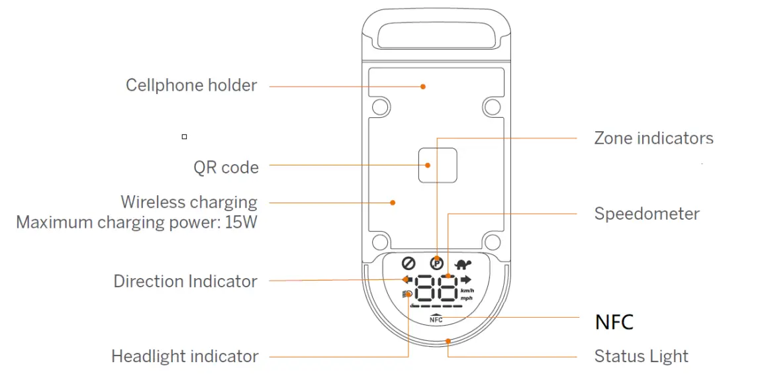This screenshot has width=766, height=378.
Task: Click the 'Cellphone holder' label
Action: (x=191, y=85)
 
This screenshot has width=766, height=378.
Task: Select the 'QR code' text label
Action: (x=226, y=167)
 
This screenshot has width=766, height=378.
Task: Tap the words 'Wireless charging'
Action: (x=189, y=202)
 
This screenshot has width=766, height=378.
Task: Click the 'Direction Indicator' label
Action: (x=185, y=281)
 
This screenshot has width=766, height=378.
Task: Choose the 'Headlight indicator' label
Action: (x=185, y=356)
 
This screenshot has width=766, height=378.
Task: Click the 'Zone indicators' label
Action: (x=653, y=138)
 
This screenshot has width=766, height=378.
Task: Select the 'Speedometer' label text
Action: (x=647, y=214)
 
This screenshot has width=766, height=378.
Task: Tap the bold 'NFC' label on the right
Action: (x=614, y=322)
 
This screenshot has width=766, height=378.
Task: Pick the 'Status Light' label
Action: (x=641, y=356)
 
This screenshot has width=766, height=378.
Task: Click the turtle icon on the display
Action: (x=462, y=262)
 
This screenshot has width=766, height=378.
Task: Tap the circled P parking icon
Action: (x=436, y=262)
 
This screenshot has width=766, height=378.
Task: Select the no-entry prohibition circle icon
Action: (x=408, y=262)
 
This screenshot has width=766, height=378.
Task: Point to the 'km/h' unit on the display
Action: (x=467, y=291)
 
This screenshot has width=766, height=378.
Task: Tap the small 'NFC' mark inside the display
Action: (x=436, y=319)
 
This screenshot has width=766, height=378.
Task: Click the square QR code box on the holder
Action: (x=438, y=164)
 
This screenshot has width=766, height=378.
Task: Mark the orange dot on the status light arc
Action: (x=448, y=342)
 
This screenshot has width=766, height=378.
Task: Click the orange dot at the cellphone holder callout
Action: (x=423, y=86)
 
